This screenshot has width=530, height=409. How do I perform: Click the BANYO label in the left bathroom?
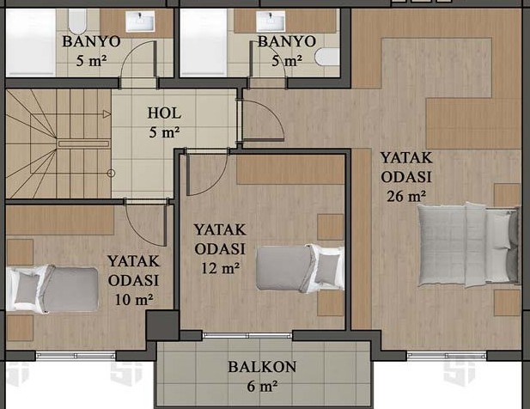pyautogui.click(x=90, y=41)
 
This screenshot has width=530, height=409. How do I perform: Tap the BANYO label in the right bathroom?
pyautogui.click(x=287, y=41)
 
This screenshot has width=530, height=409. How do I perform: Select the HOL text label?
pyautogui.click(x=163, y=113)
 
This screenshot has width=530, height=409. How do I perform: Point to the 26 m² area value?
pyautogui.click(x=406, y=195)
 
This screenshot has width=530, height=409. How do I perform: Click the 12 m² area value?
pyautogui.click(x=219, y=267)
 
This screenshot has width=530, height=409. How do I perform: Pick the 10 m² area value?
pyautogui.click(x=132, y=299)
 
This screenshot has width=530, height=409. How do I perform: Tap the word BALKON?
pyautogui.click(x=262, y=367)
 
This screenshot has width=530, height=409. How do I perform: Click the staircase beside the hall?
pyautogui.click(x=56, y=142)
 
